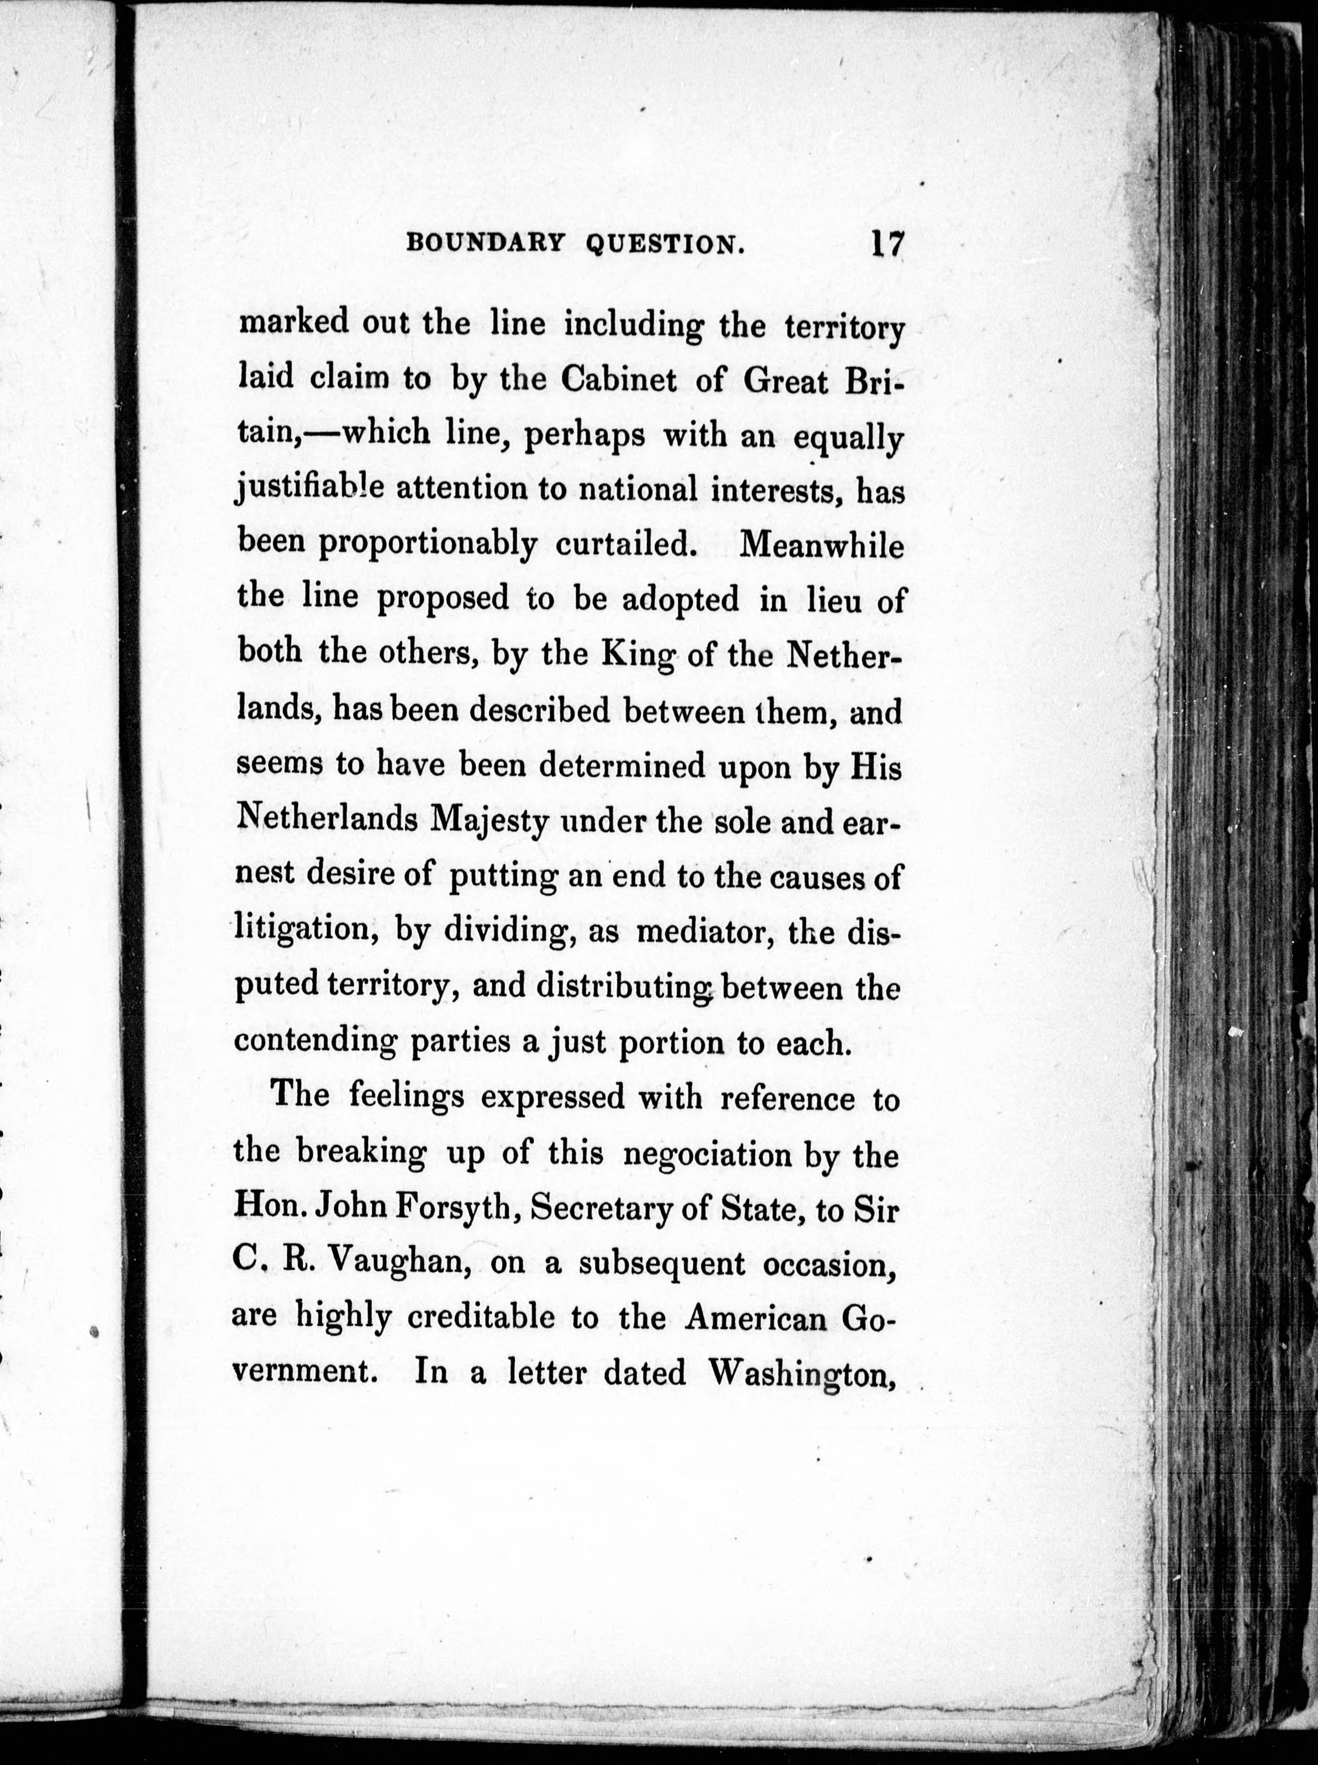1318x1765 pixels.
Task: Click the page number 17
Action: [887, 243]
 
